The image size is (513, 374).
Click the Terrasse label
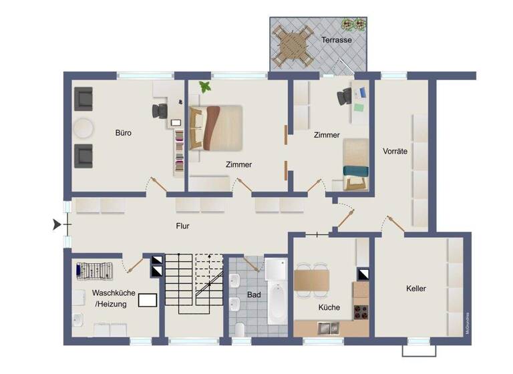pos(336,40)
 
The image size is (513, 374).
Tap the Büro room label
pos(123,133)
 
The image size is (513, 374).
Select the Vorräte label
pos(395,151)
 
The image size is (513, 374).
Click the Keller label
pos(415,289)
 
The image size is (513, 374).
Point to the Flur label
pos(182,226)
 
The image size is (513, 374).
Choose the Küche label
pos(329,307)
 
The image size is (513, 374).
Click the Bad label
pos(253,294)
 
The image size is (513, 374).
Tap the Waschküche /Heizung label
pos(114,298)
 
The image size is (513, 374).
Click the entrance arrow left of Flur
pos(56,225)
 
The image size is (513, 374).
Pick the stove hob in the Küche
pos(361,310)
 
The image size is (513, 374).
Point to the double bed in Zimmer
pos(216,127)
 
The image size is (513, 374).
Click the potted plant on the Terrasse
pos(354,25)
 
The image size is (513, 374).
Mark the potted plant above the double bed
pos(204,87)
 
